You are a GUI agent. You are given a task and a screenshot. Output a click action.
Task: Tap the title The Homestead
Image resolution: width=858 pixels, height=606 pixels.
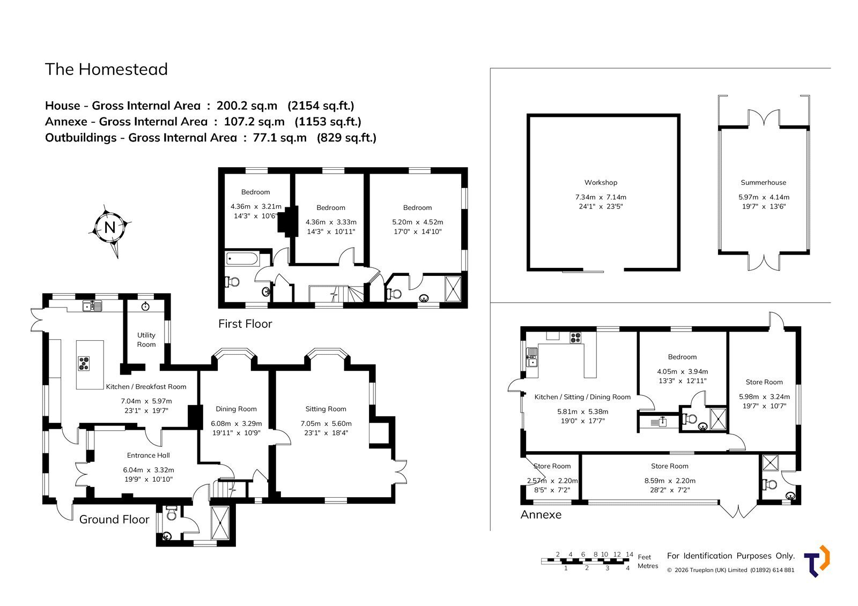click(x=107, y=69)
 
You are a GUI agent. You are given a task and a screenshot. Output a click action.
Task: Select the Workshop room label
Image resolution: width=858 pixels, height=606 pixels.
click(x=601, y=183)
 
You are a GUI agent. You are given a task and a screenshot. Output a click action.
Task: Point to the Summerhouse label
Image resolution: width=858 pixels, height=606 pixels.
click(x=763, y=183)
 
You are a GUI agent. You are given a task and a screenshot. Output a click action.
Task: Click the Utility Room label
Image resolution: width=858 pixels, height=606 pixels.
click(x=146, y=340)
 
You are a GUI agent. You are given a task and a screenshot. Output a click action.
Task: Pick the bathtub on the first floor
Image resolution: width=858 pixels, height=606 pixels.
click(x=242, y=259)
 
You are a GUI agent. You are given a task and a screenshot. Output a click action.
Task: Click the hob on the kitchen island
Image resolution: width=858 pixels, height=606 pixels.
click(x=84, y=363)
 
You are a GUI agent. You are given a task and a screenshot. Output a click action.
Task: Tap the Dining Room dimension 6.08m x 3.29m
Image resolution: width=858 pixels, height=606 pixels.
click(x=236, y=424)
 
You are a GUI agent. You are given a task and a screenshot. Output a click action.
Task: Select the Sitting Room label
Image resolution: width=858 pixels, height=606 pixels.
click(x=326, y=409)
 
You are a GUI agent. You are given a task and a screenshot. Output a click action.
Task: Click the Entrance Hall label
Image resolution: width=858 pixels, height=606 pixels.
click(x=148, y=455)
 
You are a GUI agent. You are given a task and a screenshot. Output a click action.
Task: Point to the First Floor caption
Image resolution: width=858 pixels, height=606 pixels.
click(x=245, y=324)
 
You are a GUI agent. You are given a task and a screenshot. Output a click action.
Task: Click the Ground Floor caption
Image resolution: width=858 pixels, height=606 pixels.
click(x=114, y=520)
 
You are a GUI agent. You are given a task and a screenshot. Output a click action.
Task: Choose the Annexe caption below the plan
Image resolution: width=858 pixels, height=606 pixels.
click(x=541, y=514)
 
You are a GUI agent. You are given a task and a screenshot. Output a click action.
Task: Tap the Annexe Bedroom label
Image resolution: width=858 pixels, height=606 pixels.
click(x=682, y=357)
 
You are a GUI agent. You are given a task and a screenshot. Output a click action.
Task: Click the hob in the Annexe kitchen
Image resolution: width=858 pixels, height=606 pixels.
click(x=575, y=338)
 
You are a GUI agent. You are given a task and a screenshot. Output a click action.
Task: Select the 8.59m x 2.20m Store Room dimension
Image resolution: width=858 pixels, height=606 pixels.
click(x=670, y=481)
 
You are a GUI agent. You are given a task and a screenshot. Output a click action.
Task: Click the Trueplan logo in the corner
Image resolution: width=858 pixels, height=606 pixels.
click(x=817, y=561)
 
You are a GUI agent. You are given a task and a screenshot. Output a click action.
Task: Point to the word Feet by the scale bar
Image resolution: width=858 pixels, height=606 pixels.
click(x=644, y=557)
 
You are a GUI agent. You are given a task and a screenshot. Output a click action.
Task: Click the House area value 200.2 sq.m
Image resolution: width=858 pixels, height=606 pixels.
click(x=247, y=105)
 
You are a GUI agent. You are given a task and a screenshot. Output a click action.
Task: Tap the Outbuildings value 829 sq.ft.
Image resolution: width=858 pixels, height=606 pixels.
click(x=346, y=137)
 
